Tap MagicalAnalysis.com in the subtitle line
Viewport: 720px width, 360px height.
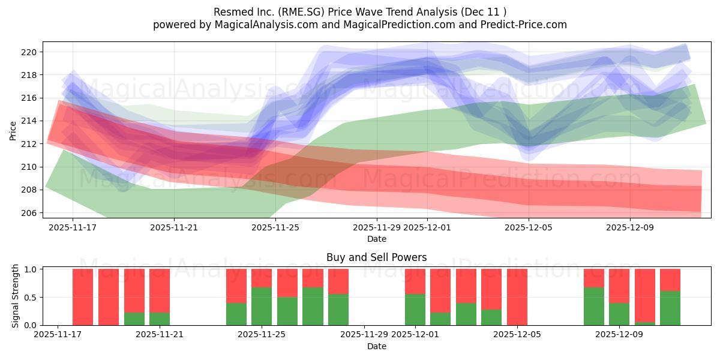(x=262, y=25)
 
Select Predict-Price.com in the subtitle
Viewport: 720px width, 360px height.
(x=520, y=25)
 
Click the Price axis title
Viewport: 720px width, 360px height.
(x=13, y=130)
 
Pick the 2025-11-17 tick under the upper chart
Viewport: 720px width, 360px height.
(x=73, y=227)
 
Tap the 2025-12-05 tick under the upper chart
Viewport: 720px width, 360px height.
(x=529, y=227)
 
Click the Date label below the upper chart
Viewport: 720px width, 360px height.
(x=377, y=239)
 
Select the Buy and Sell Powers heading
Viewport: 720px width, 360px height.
(x=377, y=257)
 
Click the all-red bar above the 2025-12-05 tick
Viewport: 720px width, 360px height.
(x=517, y=297)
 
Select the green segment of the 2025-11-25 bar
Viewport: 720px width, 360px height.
(x=262, y=307)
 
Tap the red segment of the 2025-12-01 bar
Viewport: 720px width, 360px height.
(x=415, y=281)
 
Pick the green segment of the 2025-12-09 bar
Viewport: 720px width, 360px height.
(x=619, y=314)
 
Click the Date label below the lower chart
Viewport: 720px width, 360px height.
(x=377, y=346)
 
